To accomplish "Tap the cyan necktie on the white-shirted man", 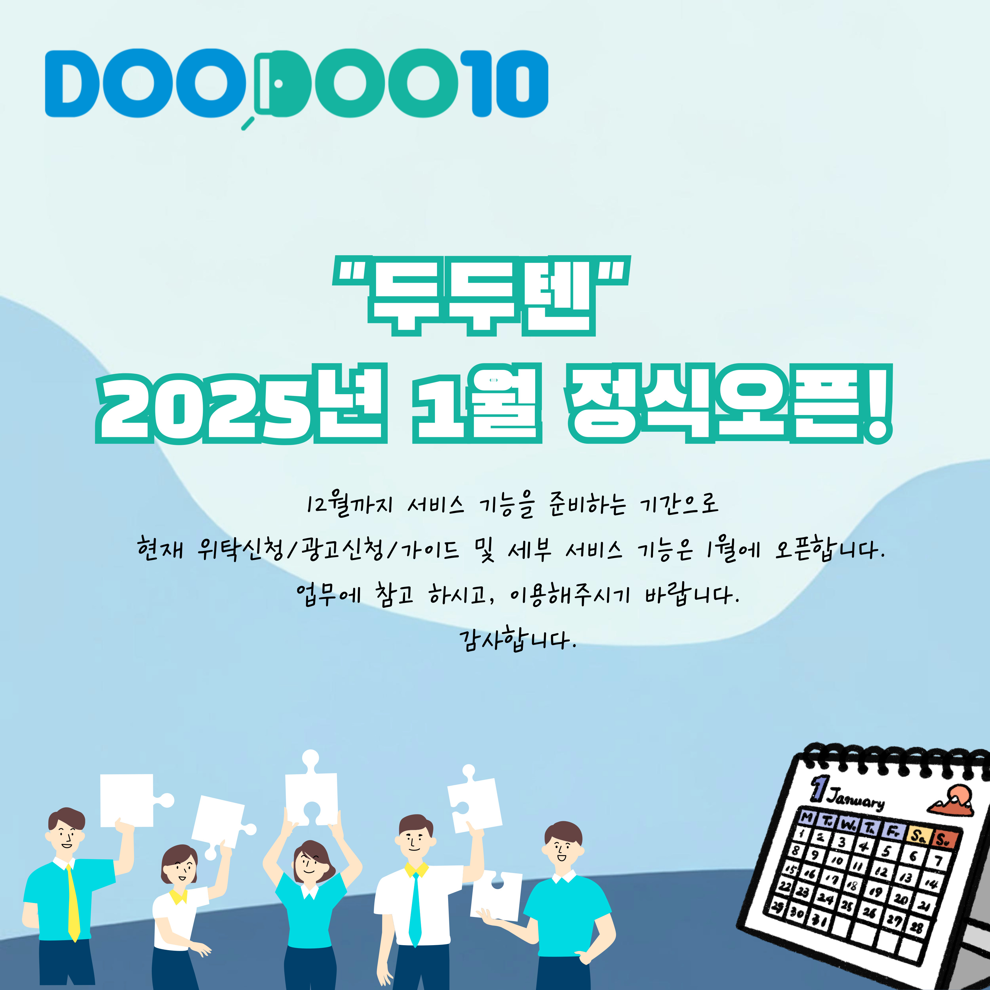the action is (415, 909).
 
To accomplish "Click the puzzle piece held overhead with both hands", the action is (311, 792).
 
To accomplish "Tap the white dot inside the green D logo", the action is (278, 83).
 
